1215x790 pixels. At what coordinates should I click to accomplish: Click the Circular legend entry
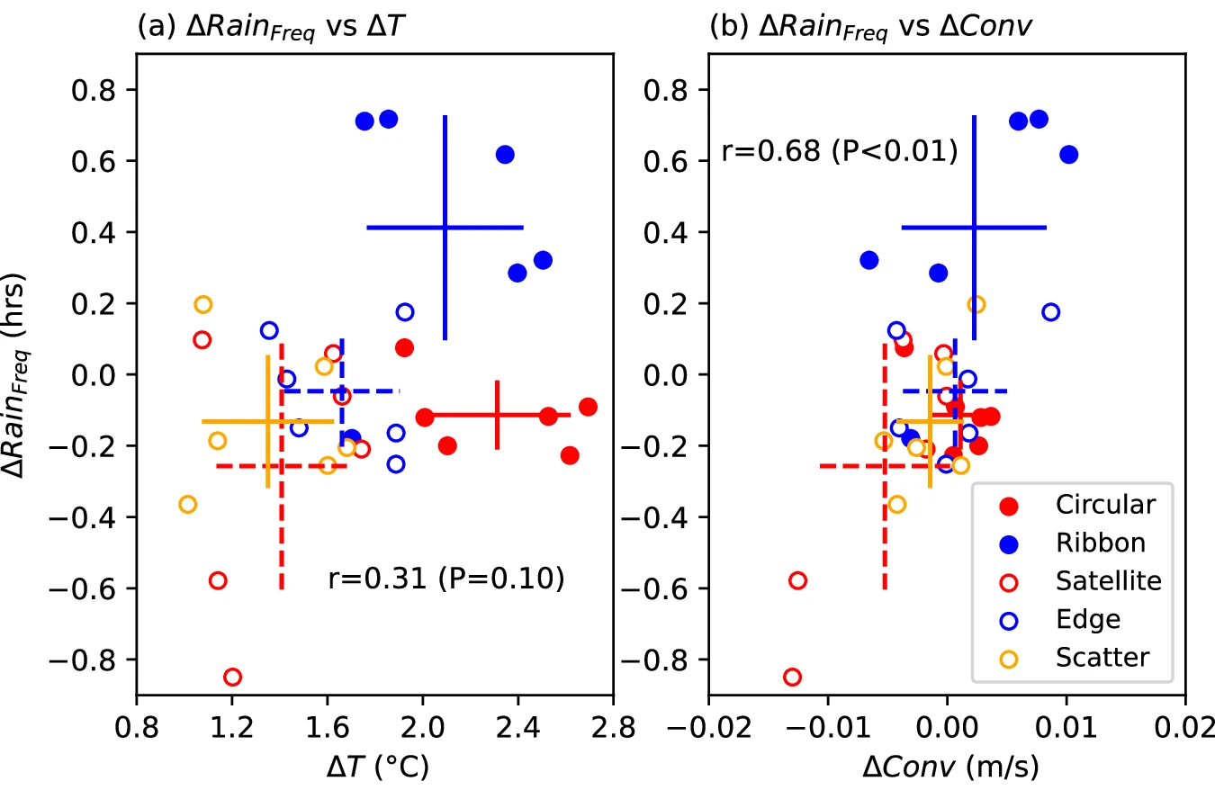click(1105, 505)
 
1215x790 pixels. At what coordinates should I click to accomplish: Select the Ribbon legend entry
click(1101, 543)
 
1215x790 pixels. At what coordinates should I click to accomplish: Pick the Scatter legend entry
click(1102, 658)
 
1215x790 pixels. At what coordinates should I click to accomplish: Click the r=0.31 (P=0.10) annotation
click(445, 580)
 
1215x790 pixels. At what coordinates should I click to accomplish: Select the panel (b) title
click(870, 27)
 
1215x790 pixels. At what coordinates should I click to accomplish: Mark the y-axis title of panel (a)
click(25, 374)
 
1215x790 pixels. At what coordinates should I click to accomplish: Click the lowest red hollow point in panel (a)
click(232, 677)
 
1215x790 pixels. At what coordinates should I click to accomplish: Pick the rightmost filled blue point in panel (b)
click(1068, 154)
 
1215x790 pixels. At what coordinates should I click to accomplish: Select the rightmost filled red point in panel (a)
click(588, 407)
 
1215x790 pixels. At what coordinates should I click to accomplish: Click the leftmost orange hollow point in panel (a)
click(187, 504)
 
